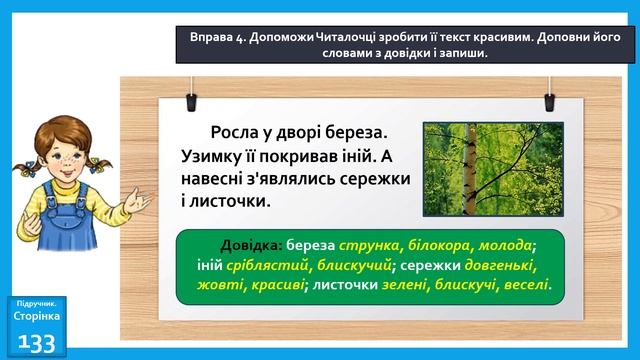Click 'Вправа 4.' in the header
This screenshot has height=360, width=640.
[x=218, y=36]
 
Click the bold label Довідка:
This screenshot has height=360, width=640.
[x=249, y=246]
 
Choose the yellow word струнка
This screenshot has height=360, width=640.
[x=370, y=246]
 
